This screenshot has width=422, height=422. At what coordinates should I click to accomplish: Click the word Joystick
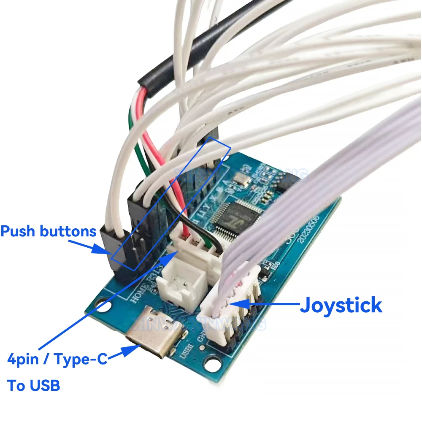tap(341, 305)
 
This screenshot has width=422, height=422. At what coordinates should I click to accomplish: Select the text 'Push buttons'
tap(49, 231)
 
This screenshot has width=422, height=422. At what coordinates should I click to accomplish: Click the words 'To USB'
tap(34, 385)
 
